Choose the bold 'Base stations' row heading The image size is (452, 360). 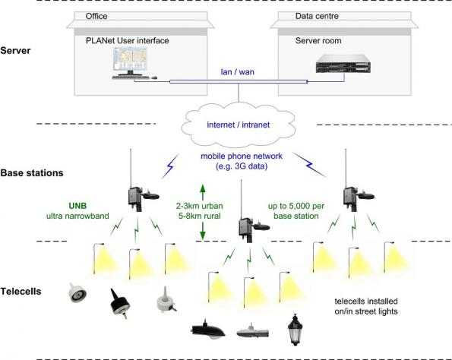pyautogui.click(x=33, y=173)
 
